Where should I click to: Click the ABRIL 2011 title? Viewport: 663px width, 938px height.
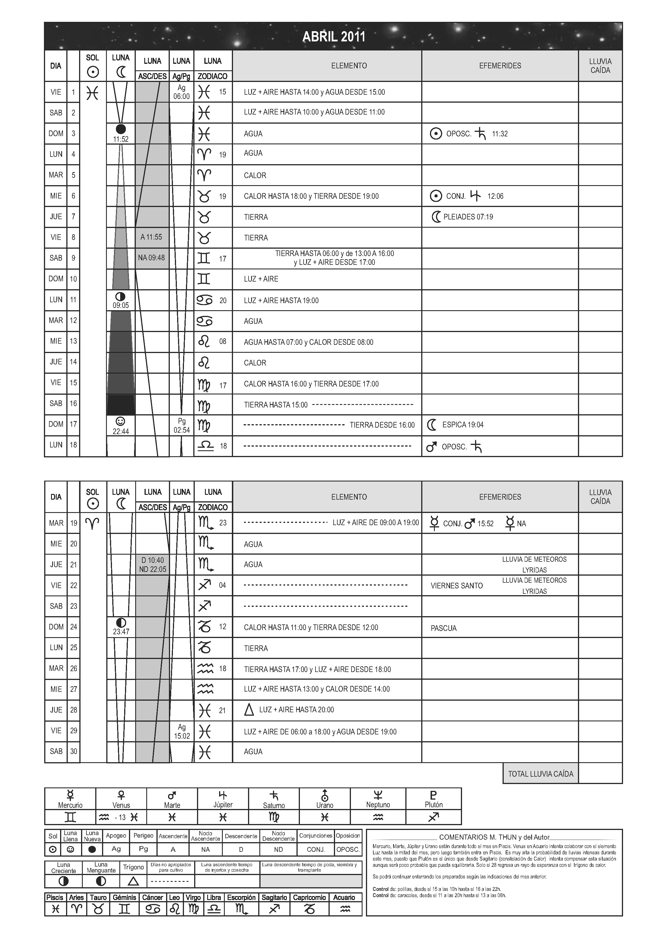333,37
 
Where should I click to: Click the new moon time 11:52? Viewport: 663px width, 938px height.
121,139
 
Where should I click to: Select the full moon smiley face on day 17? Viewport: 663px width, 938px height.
120,421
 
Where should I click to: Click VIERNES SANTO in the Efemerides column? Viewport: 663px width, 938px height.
456,586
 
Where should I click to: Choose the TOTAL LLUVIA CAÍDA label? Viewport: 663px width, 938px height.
541,774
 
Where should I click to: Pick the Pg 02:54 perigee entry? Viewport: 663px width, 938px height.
182,426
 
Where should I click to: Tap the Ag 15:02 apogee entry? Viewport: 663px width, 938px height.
182,732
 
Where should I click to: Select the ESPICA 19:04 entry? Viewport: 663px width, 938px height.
462,425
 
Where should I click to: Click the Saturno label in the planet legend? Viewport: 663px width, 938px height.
274,806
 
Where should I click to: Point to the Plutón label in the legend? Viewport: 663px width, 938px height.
433,805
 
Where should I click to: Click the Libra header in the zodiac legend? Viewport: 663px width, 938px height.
214,897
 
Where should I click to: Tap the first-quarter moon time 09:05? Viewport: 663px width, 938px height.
121,305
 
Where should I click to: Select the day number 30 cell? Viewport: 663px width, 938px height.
73,751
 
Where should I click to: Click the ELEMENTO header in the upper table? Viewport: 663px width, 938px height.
349,66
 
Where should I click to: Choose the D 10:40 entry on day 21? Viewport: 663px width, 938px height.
152,560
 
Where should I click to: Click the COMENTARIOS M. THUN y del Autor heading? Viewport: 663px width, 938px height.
494,837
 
